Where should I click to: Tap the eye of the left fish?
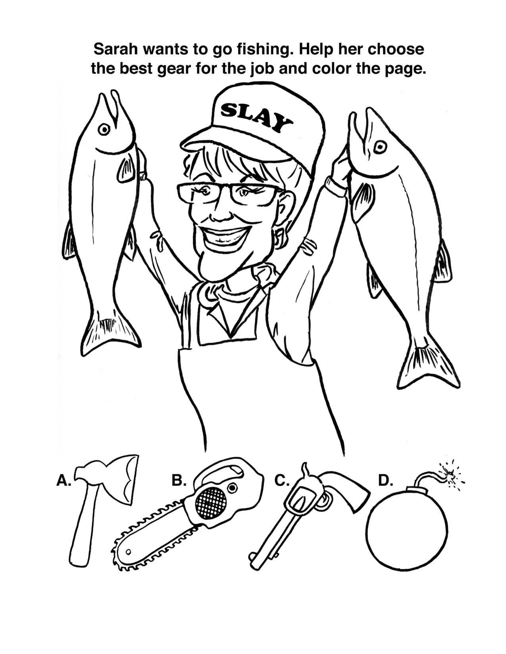104,130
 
